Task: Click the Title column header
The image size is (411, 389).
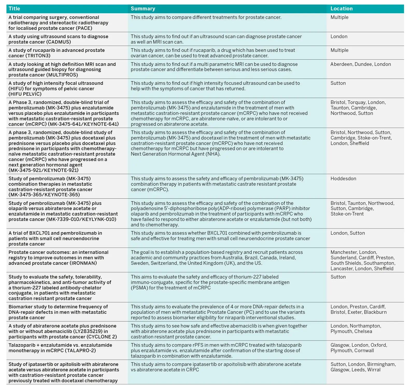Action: (14, 9)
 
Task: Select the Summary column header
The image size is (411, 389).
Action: (143, 9)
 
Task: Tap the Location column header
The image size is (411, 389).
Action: (341, 9)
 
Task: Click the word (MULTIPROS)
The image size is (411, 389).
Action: (62, 75)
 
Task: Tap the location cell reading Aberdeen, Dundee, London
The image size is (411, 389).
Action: (360, 64)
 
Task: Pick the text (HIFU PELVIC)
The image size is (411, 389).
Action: (25, 94)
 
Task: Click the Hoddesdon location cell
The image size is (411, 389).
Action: (343, 179)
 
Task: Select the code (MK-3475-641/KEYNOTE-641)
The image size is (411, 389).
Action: (83, 124)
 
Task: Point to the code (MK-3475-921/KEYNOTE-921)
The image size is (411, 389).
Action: (44, 170)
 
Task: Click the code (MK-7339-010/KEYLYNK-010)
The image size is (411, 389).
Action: (81, 219)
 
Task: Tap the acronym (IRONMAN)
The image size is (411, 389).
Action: (83, 263)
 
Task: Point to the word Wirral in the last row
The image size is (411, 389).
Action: (374, 370)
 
